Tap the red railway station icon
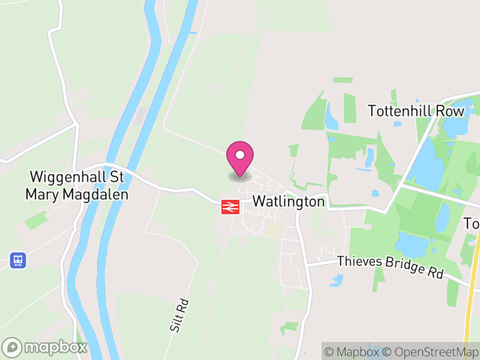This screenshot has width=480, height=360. pyautogui.click(x=230, y=206)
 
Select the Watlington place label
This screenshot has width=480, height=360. pyautogui.click(x=289, y=201)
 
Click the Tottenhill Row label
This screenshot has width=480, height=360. pyautogui.click(x=416, y=111)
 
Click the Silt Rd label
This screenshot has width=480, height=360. pyautogui.click(x=179, y=316)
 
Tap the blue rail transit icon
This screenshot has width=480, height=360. pyautogui.click(x=18, y=260)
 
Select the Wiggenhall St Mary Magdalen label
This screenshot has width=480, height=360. pyautogui.click(x=76, y=186)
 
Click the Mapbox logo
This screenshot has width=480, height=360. pyautogui.click(x=46, y=347)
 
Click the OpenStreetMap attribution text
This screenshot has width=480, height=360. pyautogui.click(x=431, y=352)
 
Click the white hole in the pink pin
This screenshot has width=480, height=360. pyautogui.click(x=240, y=155)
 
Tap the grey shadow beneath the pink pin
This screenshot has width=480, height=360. pyautogui.click(x=240, y=176)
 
